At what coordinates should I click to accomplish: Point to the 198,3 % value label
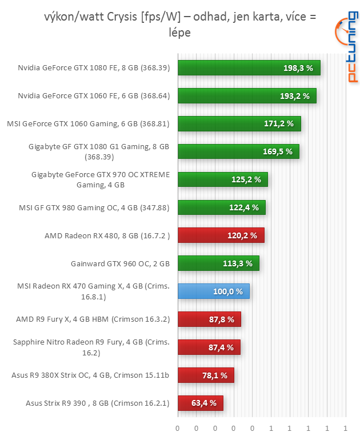(x=298, y=68)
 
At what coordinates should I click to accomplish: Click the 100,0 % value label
(x=227, y=291)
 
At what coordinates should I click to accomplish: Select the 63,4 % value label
(x=204, y=403)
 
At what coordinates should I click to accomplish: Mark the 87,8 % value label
(x=222, y=319)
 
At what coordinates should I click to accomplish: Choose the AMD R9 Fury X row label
(x=93, y=319)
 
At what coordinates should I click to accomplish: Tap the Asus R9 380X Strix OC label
(x=90, y=375)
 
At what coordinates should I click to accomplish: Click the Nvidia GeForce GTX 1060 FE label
(x=94, y=96)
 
